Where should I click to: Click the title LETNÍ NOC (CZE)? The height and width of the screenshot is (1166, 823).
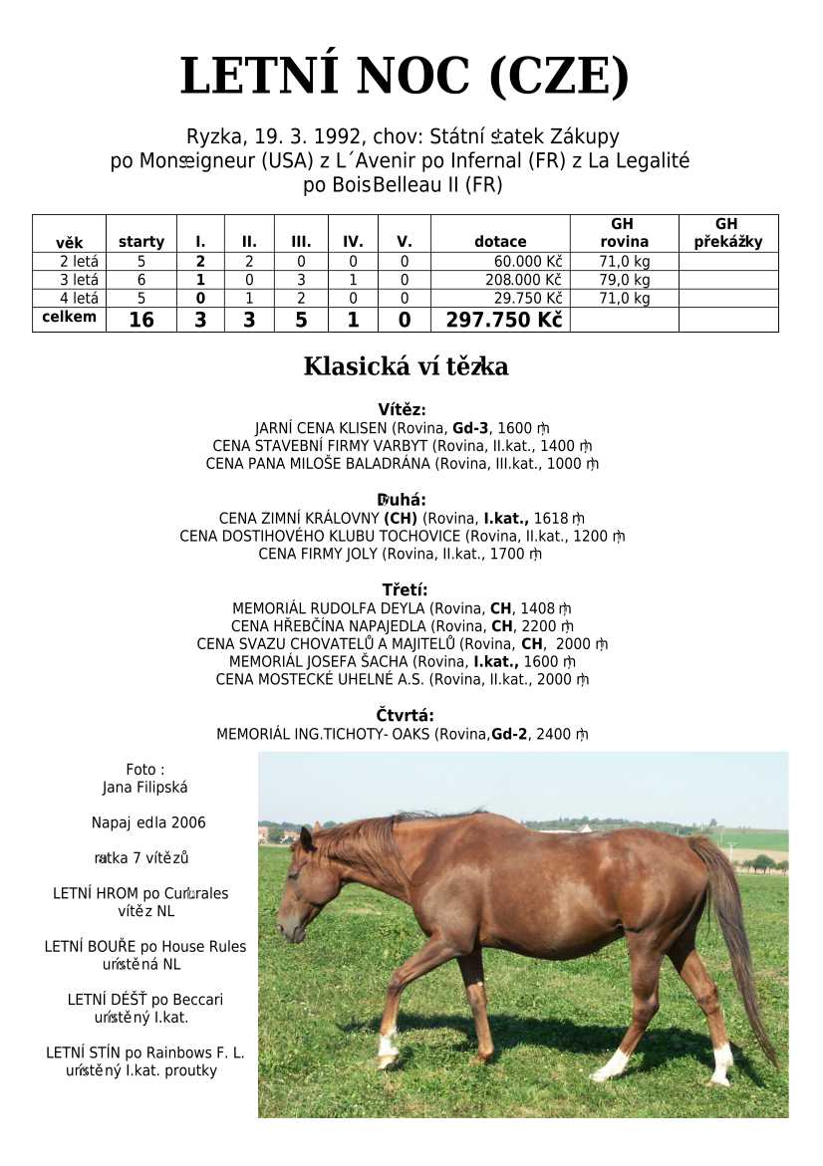(405, 78)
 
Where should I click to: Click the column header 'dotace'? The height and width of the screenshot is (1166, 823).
(500, 241)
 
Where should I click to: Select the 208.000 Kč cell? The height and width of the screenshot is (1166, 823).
(523, 280)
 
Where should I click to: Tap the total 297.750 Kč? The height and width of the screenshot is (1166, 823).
(503, 320)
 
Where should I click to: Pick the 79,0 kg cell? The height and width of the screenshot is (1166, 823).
(625, 280)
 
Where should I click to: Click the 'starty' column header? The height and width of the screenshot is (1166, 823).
(141, 241)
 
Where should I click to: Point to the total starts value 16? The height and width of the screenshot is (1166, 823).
(141, 320)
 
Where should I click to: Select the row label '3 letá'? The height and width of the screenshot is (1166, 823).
(79, 280)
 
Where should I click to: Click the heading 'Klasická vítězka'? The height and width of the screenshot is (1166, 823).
(406, 366)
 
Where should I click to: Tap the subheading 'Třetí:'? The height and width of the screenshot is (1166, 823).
(405, 590)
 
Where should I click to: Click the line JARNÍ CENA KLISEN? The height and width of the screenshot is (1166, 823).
(402, 427)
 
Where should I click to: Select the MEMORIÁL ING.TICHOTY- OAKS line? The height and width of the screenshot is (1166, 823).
(402, 735)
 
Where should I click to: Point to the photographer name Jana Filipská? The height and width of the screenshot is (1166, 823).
(145, 787)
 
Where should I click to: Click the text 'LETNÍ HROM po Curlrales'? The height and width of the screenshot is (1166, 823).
(140, 893)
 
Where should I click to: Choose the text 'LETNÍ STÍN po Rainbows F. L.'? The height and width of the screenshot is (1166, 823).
(145, 1052)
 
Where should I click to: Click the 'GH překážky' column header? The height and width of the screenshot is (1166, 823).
(728, 233)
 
